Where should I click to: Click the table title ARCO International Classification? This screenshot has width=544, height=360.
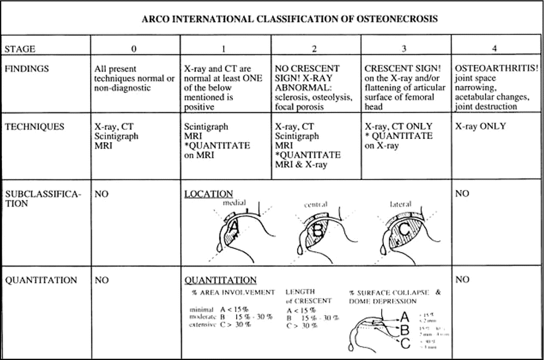coord(289,19)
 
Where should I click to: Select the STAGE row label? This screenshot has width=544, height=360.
coord(21,48)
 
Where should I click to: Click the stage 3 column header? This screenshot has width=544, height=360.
coord(406,48)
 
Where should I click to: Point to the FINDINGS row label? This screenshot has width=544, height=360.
coord(26,67)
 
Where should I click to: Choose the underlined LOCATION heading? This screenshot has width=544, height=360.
coord(208,194)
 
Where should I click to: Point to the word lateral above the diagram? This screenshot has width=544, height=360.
coord(400,204)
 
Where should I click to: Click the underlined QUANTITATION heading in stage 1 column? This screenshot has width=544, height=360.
coord(220,280)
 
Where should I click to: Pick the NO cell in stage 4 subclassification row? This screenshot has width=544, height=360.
coord(463,194)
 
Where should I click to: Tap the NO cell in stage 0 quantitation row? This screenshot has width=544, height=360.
coord(101,280)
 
